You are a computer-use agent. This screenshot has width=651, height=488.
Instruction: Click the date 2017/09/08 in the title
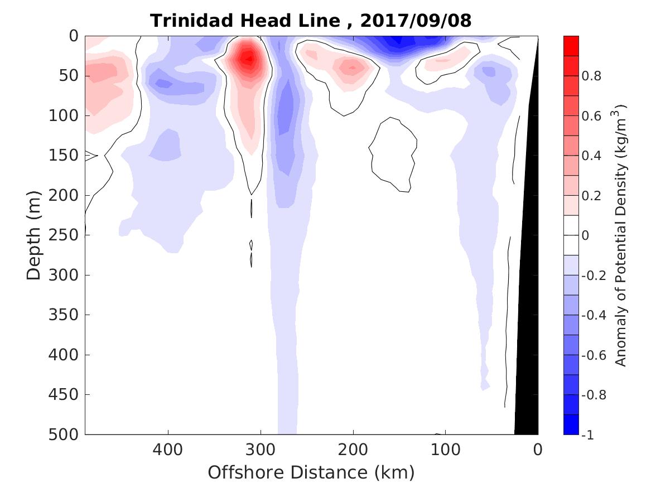416,21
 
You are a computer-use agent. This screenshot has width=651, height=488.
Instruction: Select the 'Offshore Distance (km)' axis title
311,473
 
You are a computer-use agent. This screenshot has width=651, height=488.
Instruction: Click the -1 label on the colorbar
588,435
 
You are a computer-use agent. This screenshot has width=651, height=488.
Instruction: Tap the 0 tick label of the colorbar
586,235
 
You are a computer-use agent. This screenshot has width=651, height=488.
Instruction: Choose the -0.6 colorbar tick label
593,355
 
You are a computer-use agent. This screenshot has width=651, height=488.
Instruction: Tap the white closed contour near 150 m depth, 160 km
394,153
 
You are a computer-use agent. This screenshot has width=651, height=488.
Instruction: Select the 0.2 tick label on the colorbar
591,196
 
